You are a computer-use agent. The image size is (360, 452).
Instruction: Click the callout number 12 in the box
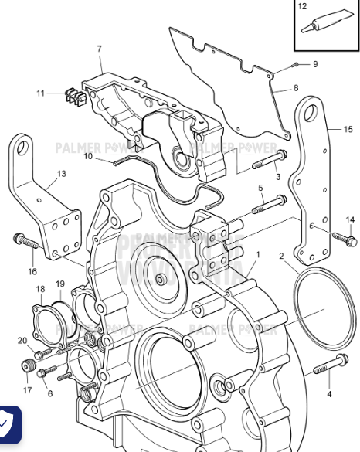(x=303, y=7)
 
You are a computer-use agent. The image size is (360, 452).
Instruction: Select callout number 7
(x=100, y=49)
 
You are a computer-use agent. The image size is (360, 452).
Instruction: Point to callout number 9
(x=315, y=63)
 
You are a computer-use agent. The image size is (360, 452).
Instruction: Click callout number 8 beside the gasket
(x=295, y=88)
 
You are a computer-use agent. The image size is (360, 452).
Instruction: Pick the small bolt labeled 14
(x=342, y=237)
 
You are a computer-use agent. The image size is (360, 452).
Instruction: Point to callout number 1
(x=257, y=253)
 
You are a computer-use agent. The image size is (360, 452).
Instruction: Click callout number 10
(x=89, y=156)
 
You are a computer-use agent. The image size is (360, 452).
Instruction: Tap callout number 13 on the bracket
(x=61, y=174)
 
